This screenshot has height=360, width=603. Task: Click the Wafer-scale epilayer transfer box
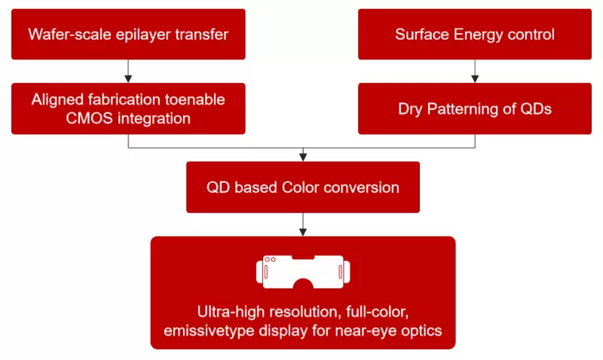tap(128, 34)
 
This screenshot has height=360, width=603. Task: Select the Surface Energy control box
tap(475, 34)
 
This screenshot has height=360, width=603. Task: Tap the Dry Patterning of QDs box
tap(475, 108)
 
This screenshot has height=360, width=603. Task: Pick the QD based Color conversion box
tap(303, 187)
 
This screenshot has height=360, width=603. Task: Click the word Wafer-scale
tap(66, 34)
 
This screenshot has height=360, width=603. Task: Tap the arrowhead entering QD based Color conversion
tap(303, 156)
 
